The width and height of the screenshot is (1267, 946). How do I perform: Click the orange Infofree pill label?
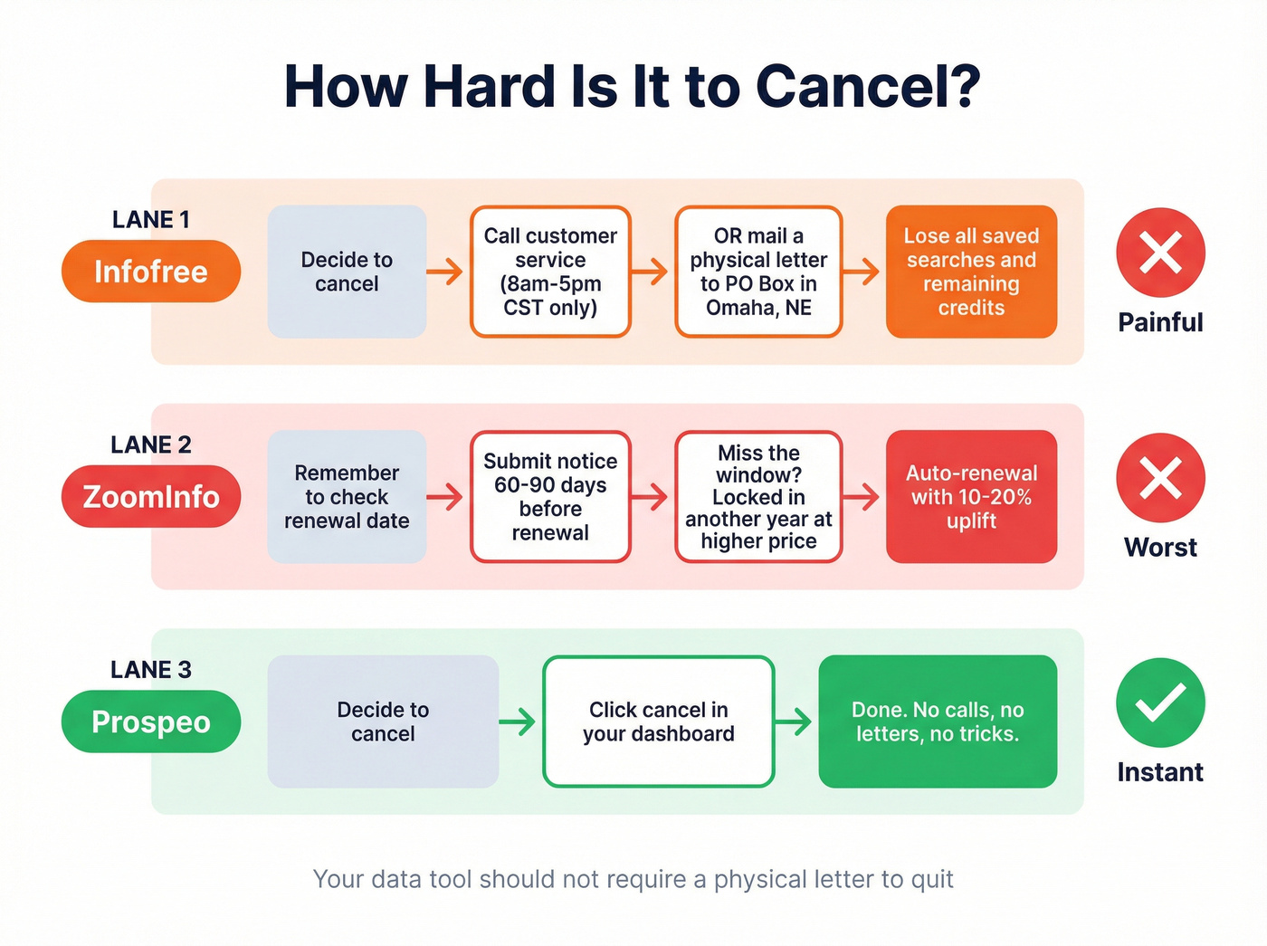pos(151,272)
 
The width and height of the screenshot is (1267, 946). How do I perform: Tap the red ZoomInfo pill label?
pos(151,496)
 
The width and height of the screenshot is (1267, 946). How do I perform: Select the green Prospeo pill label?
pos(151,721)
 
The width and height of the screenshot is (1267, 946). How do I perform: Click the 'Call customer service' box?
pos(550,272)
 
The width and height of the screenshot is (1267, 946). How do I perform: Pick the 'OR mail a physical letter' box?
pos(758,272)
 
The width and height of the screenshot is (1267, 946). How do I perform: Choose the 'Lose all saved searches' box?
pos(971,272)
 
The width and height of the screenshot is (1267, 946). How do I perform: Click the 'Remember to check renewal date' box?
pos(347,496)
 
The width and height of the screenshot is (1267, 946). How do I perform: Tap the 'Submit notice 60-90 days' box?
pos(550,496)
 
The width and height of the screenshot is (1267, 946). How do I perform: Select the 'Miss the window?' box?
pos(758,496)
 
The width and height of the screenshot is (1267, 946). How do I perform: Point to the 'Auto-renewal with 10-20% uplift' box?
pos(971,496)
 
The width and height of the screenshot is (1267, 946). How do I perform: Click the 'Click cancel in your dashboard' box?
pos(658,721)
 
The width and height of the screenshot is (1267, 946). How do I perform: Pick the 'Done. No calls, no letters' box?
pos(938,721)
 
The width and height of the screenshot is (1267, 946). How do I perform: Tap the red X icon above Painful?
pos(1160,253)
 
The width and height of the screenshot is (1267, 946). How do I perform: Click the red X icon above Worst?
pos(1160,478)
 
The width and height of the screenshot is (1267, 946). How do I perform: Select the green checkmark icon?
pos(1160,702)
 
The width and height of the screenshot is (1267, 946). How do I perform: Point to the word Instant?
pos(1160,772)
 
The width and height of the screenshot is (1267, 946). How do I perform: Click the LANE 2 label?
pos(151,444)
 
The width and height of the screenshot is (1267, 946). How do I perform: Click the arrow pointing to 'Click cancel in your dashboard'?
pos(518,721)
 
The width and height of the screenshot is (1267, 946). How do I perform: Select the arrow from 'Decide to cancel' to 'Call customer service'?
pos(445,271)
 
